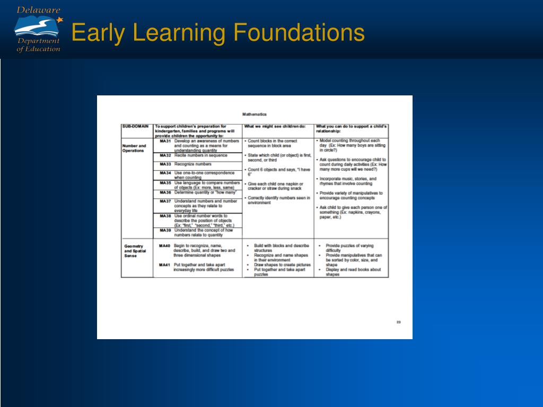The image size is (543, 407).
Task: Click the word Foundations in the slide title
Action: pos(300,33)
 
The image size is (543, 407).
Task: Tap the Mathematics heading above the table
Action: pos(255,114)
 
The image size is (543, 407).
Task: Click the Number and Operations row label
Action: pos(134,148)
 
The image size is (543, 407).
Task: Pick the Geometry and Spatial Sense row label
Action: pos(135,251)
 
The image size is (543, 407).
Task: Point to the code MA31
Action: pos(165,141)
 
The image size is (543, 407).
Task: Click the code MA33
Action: pos(165,164)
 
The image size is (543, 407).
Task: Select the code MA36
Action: pos(165,192)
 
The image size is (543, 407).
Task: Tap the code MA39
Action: pos(165,231)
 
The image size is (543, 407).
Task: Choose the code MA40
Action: pos(164,246)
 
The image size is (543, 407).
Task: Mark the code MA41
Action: pos(164,264)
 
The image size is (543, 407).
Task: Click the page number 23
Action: pos(398,322)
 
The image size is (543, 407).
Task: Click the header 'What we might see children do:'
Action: pos(275,127)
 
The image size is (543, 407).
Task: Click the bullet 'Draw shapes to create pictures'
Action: pos(282,264)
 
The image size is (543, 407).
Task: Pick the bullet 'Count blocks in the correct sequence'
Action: pos(273,143)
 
